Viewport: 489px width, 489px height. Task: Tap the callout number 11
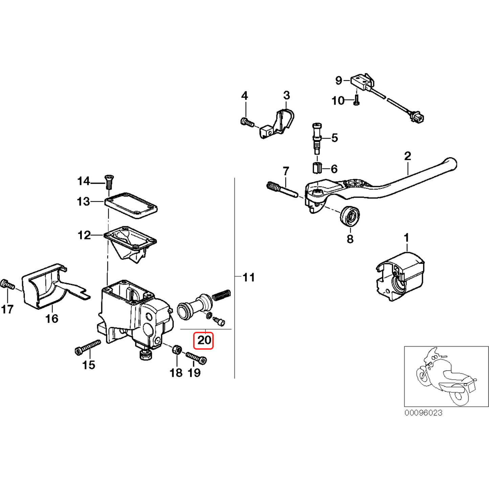pos(249,277)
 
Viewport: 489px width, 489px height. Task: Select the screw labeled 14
pos(109,182)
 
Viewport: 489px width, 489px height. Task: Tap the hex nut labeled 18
pos(176,350)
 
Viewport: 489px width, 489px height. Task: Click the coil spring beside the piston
pos(222,295)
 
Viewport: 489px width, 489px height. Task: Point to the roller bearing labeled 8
pos(350,216)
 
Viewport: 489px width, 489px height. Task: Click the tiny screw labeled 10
pos(356,100)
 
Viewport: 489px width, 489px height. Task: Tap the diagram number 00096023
pos(423,413)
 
